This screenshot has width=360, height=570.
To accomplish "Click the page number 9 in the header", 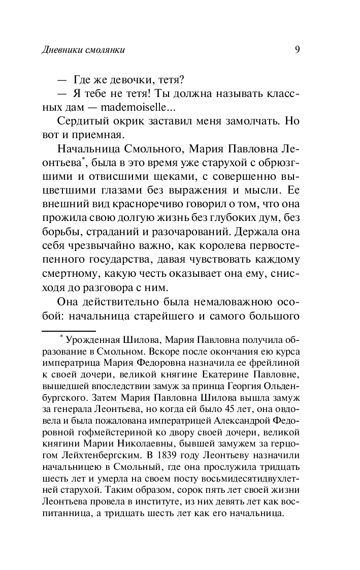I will coord(297,49).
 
